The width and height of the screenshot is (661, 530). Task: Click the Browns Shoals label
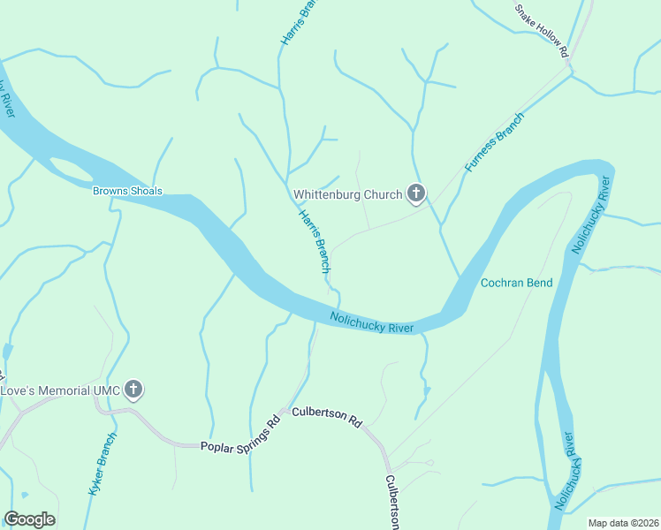(128, 191)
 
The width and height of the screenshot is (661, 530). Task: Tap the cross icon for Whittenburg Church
(415, 194)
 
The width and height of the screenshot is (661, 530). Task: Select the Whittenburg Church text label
(348, 194)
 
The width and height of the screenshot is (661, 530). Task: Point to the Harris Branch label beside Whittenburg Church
(315, 240)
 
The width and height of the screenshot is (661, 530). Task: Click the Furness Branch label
(495, 141)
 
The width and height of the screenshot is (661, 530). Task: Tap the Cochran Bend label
(516, 283)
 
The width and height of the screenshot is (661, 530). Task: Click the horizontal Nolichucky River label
(372, 322)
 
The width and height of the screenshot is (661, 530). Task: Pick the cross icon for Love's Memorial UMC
(133, 390)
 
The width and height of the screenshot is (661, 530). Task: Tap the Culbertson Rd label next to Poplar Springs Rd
(327, 417)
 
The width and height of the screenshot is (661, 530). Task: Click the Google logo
(29, 519)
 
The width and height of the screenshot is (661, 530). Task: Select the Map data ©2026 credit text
(622, 523)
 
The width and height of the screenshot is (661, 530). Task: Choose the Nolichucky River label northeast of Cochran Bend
(593, 216)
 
